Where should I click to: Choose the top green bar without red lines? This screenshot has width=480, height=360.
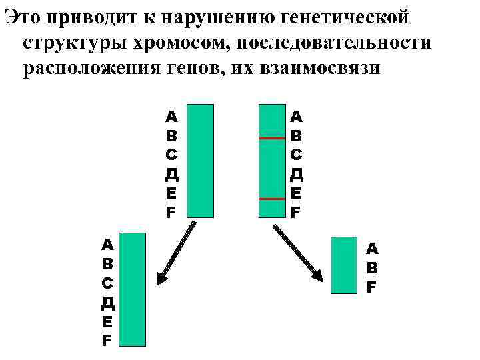click(x=200, y=161)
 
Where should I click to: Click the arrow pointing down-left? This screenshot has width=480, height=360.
click(x=175, y=253)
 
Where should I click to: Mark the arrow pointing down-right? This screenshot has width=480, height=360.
click(x=298, y=253)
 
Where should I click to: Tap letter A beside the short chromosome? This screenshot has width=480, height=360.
click(x=372, y=249)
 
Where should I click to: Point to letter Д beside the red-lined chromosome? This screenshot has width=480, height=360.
click(x=297, y=175)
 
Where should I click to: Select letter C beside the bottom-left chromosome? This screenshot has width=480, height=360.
click(x=107, y=283)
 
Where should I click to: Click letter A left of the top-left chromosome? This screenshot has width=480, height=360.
click(x=171, y=117)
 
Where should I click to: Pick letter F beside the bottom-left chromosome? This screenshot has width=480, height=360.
click(x=107, y=341)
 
